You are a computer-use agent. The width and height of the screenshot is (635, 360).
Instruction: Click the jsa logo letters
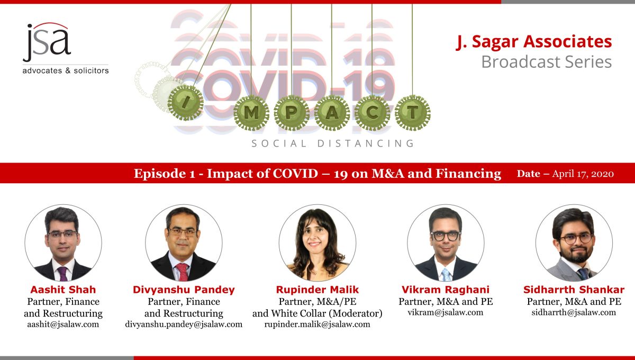[47, 42]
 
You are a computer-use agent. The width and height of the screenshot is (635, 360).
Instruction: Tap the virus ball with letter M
[251, 113]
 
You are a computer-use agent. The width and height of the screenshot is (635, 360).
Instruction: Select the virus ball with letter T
[412, 113]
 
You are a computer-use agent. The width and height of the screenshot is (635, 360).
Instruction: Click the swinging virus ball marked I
[185, 102]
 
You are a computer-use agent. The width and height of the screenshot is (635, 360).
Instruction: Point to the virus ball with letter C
[372, 113]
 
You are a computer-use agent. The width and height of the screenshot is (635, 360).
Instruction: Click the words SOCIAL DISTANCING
[333, 143]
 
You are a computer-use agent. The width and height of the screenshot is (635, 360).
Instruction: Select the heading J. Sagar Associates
[534, 42]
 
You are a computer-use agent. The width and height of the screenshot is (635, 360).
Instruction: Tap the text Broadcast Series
[547, 61]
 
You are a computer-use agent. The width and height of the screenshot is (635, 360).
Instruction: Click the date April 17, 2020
[583, 174]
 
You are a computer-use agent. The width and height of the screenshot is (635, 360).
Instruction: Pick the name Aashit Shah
[63, 290]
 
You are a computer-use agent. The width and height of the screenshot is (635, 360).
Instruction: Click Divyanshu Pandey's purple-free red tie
[182, 272]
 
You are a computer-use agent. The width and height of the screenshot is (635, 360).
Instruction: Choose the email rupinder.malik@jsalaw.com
[317, 324]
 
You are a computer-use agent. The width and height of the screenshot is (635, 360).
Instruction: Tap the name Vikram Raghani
[446, 290]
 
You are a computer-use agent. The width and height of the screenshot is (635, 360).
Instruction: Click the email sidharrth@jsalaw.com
[574, 312]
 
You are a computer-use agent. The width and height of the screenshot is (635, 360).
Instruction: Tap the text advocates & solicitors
[66, 70]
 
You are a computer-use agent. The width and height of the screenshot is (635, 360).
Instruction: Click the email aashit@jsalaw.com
[63, 324]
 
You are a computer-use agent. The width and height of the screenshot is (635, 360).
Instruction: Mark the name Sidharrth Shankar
[574, 290]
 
